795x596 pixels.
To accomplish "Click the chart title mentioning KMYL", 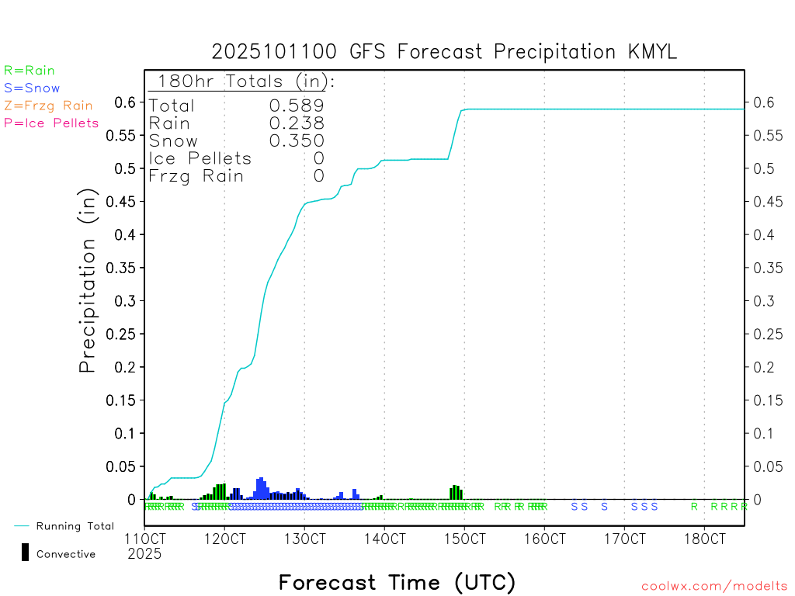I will coord(445,52).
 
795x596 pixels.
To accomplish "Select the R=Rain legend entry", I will coord(30,71).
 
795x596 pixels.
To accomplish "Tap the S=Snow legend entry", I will coord(32,88).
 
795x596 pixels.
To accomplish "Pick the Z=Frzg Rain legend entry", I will coord(48,106).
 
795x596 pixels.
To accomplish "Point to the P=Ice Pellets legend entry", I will coord(51,123).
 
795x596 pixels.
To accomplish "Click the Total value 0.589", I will coord(297,106).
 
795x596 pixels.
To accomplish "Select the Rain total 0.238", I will coord(297,123).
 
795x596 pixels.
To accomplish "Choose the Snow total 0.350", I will coord(297,140).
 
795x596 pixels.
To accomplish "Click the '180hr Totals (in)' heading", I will coord(243,81).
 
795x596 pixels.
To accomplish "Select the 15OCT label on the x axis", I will coord(463,537).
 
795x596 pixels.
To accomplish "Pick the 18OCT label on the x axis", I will coord(703,537).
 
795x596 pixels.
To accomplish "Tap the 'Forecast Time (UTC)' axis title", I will coord(397,582).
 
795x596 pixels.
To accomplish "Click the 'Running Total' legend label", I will coord(75,526).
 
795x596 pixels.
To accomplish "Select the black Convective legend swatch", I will coord(26,552).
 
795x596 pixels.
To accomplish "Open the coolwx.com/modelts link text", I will coord(714,587).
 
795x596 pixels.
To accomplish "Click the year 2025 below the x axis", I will coord(144,553).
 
